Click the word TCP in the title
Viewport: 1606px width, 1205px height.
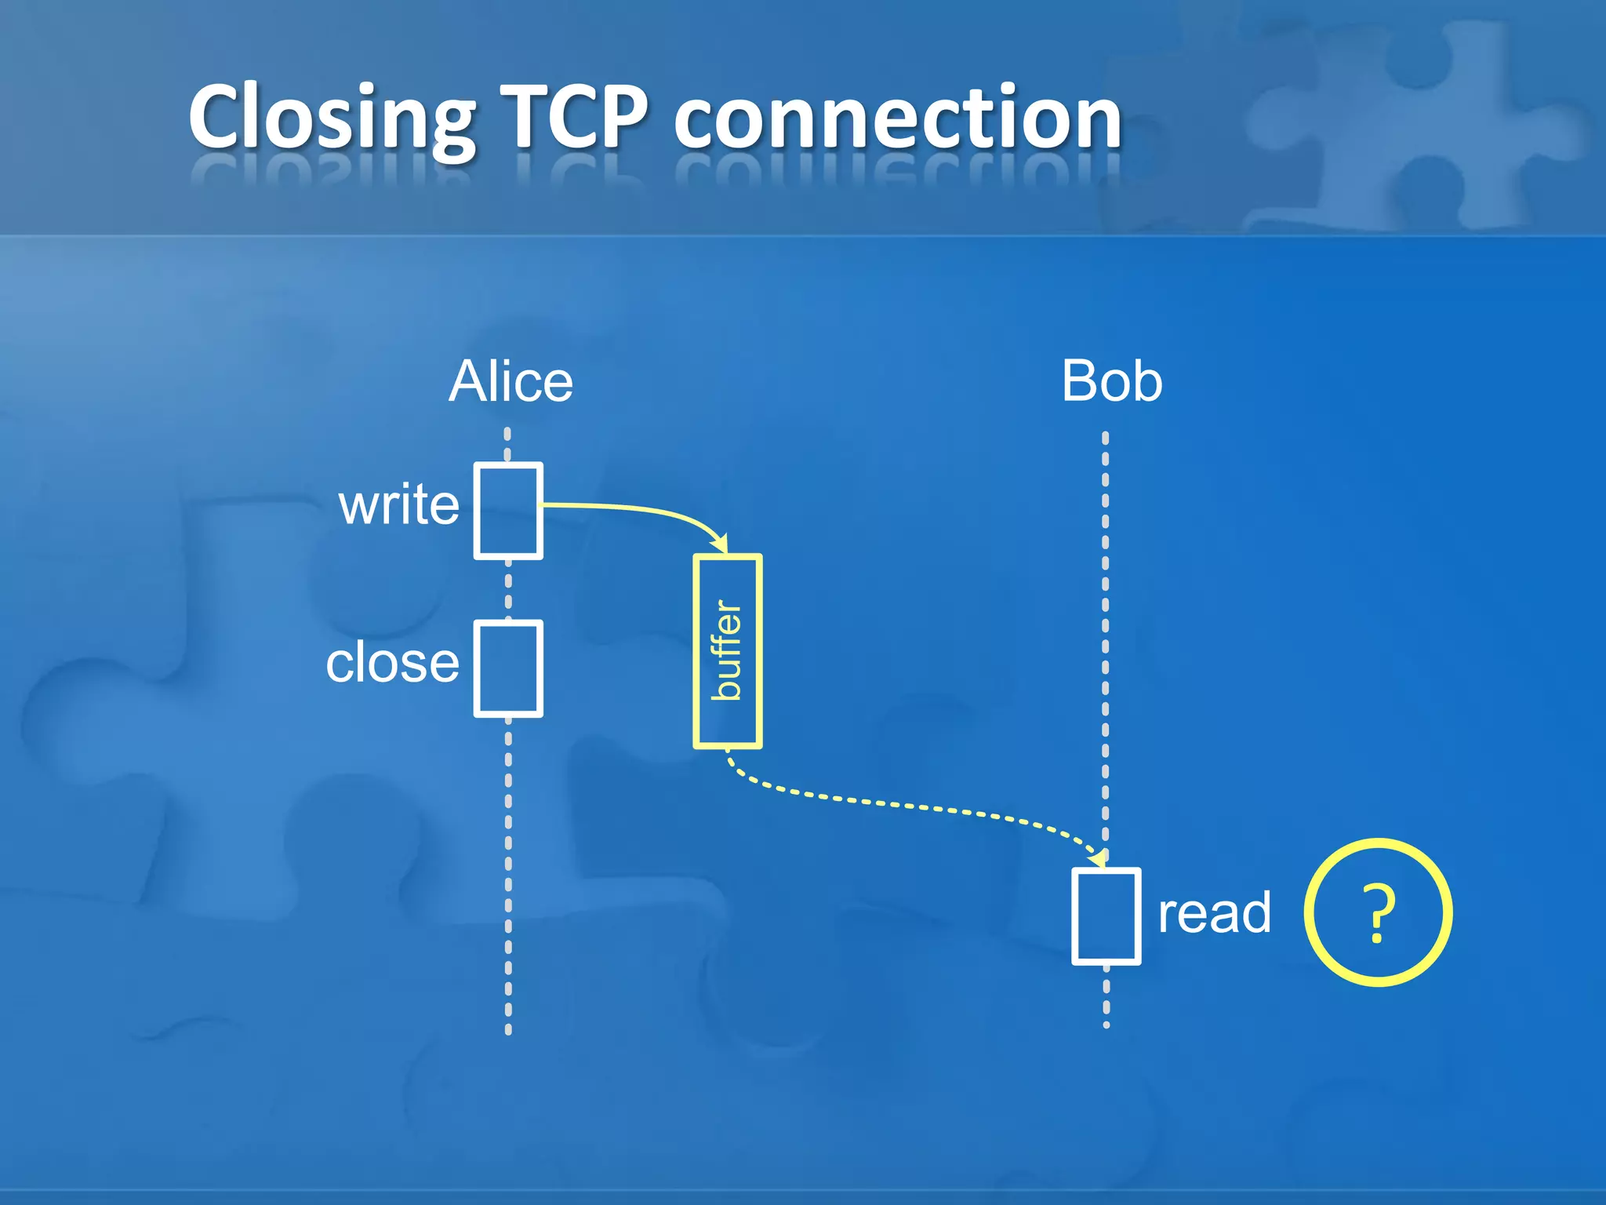(x=574, y=118)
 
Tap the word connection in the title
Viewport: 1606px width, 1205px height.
(x=898, y=118)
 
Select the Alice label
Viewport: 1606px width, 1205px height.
(x=511, y=382)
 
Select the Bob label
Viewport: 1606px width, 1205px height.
(x=1111, y=382)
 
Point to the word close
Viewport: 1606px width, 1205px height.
(x=392, y=664)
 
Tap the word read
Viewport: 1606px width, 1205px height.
(x=1214, y=913)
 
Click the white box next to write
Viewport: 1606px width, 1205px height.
(x=508, y=511)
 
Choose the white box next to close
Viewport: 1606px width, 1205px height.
(x=508, y=669)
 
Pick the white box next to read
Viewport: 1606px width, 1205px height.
(x=1106, y=916)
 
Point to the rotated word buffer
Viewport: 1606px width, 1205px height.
(x=727, y=651)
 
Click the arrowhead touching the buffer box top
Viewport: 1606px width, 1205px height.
(x=721, y=544)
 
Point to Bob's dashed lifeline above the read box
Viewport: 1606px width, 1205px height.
(x=1106, y=628)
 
